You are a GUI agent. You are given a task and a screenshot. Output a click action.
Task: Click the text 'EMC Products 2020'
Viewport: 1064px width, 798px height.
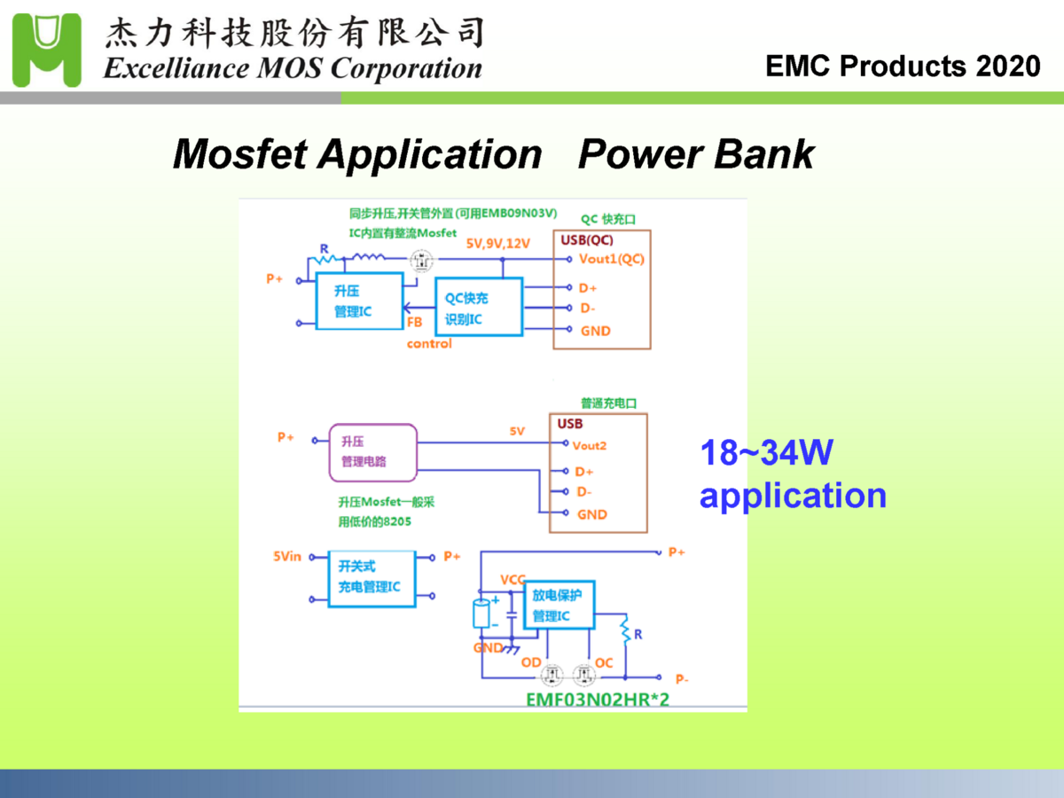coord(903,66)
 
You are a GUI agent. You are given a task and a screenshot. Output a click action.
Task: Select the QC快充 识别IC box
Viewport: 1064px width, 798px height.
coord(479,307)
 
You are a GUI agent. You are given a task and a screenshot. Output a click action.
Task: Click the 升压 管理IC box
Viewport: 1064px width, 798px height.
coord(359,301)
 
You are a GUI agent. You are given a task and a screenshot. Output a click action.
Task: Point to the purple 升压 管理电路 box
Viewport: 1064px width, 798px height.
coord(372,451)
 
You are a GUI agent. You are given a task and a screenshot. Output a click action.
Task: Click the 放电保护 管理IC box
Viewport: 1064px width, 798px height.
coord(559,605)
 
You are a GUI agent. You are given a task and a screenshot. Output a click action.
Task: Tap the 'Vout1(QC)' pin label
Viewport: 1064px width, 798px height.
coord(611,259)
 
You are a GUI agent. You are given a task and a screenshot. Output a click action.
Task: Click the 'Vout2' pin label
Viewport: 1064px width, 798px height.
coord(590,446)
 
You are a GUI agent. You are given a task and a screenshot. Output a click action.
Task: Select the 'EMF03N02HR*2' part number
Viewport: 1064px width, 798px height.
coord(598,699)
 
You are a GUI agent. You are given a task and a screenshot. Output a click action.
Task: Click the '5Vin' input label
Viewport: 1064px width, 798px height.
coord(287,557)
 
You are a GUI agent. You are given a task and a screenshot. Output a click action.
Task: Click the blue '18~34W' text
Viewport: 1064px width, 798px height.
coord(767,454)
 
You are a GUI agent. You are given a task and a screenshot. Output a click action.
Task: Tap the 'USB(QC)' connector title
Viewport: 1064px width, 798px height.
coord(587,239)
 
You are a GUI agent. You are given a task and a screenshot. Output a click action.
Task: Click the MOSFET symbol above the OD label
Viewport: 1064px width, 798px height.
coord(553,676)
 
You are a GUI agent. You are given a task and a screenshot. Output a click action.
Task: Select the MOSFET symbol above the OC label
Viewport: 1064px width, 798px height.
coord(583,676)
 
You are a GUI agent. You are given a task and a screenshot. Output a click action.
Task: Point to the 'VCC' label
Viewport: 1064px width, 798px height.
coord(512,580)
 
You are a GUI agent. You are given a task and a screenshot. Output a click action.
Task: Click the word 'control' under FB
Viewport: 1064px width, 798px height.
coord(429,343)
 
